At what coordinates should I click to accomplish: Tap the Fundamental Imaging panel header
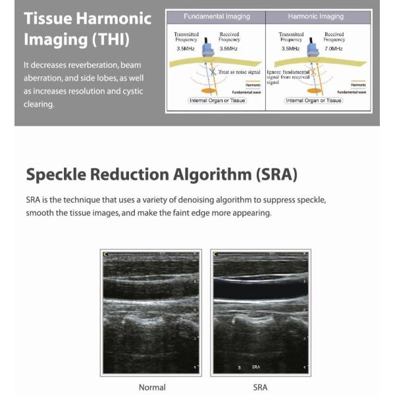pyautogui.click(x=216, y=16)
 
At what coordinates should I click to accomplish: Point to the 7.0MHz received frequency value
pyautogui.click(x=334, y=49)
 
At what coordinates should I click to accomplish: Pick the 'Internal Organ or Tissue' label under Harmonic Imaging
pyautogui.click(x=313, y=101)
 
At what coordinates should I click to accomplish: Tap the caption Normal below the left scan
pyautogui.click(x=152, y=387)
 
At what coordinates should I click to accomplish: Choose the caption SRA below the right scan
pyautogui.click(x=260, y=387)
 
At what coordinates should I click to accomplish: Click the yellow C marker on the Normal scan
pyautogui.click(x=106, y=253)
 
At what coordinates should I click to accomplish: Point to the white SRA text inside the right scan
pyautogui.click(x=256, y=366)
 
